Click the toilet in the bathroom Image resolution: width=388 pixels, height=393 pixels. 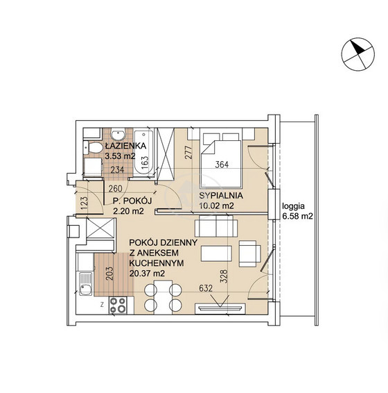coord(93,147)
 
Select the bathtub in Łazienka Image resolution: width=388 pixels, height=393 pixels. coord(143,153)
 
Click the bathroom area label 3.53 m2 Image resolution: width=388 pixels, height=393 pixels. coord(120,156)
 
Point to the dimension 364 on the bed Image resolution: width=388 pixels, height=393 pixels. coord(222,165)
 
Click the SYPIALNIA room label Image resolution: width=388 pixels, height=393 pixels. coord(221,196)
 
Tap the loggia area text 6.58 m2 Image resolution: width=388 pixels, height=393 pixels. coord(297,216)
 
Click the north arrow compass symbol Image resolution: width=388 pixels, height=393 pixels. coord(358,54)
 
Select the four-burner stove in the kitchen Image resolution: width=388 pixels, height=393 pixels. coord(118,305)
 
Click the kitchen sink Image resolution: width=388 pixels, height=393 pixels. coord(86,284)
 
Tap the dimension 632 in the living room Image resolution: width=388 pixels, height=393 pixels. coord(206,288)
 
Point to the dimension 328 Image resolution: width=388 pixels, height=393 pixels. coord(224,276)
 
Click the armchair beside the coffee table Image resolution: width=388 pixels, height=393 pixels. coord(249,253)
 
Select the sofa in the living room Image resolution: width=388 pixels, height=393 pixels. coord(216,226)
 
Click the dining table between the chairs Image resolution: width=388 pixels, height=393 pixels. coord(163,297)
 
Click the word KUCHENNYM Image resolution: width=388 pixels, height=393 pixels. coord(157,263)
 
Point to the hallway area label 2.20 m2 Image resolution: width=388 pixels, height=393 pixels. coord(128,211)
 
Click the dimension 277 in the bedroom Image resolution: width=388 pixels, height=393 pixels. coord(189,152)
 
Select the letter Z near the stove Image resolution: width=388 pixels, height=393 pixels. coord(102,305)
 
